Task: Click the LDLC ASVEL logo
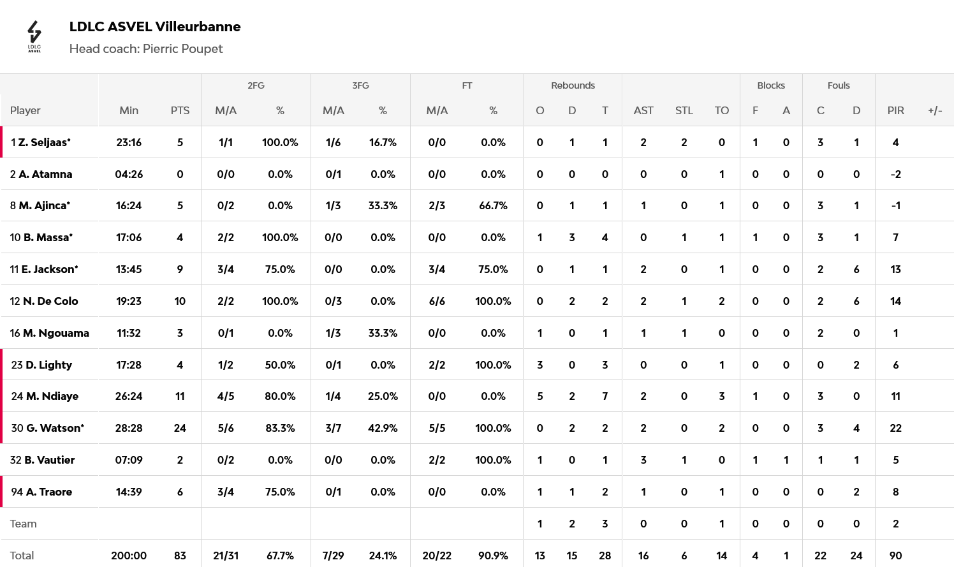click(34, 36)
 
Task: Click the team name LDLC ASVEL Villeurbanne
click(155, 27)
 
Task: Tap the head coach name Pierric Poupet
click(182, 48)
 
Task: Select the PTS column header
click(180, 110)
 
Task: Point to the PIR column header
click(895, 110)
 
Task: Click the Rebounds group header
click(573, 85)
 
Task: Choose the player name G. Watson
click(55, 428)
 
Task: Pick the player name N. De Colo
click(50, 301)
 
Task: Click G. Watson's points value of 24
click(180, 428)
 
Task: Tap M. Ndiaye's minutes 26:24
click(129, 396)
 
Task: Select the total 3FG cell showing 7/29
click(333, 556)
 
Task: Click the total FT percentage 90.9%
click(493, 556)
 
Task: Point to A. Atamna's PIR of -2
click(895, 174)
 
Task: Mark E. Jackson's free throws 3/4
click(437, 269)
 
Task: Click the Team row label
click(24, 524)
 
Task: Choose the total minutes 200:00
click(129, 556)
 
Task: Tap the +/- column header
click(935, 110)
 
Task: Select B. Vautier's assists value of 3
click(643, 460)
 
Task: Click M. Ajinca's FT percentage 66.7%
click(493, 205)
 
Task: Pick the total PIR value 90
click(895, 556)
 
